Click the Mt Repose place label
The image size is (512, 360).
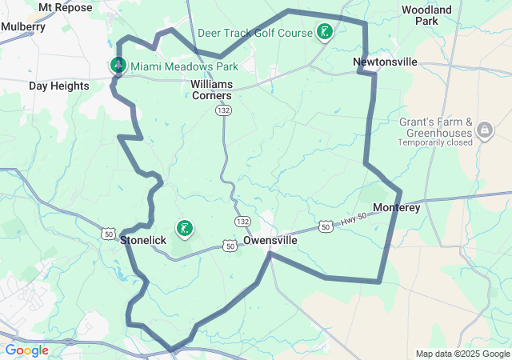65,7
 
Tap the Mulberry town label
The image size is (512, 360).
23,26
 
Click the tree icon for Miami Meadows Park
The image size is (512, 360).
118,65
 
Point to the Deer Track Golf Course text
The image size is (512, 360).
254,33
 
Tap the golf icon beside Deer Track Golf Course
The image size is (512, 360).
325,32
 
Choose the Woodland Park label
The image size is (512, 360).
427,15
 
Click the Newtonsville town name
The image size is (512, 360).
386,62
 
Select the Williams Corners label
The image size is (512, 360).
211,90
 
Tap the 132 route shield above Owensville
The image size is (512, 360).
242,221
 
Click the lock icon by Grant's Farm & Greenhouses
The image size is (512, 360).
485,129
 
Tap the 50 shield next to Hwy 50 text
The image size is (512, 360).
325,228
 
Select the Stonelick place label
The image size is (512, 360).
143,239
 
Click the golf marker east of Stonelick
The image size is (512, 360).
185,230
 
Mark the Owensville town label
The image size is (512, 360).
270,240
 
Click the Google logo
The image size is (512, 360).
26,350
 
